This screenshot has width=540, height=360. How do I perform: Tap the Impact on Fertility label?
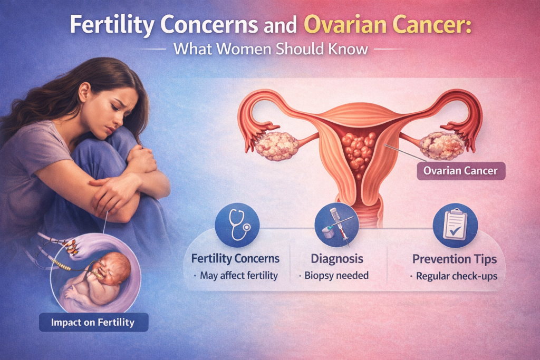(94, 323)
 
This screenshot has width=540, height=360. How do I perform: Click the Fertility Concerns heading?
(235, 259)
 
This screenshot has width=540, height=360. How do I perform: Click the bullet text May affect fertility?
(238, 276)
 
